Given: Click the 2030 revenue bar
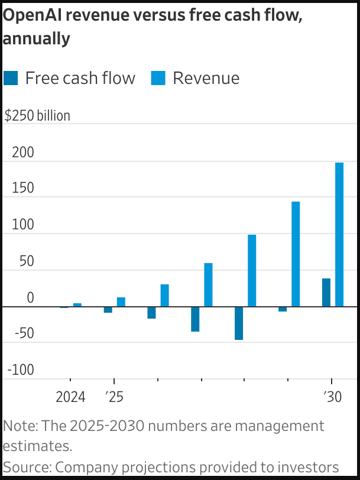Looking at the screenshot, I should click(339, 235).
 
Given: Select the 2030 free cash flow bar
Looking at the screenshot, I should click(326, 293).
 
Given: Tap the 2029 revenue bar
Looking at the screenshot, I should click(296, 254).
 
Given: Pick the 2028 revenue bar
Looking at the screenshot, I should click(252, 271).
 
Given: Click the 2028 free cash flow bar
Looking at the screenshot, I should click(239, 323).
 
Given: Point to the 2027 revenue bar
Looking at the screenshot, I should click(208, 285).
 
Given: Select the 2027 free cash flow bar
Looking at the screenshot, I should click(195, 319).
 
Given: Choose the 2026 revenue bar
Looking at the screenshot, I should click(164, 296).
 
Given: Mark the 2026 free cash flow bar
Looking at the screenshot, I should click(151, 313).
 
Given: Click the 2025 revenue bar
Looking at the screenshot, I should click(121, 302).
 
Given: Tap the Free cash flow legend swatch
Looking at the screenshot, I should click(11, 78).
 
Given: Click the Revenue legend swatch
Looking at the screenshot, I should click(158, 78).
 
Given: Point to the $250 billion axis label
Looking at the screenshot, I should click(37, 116).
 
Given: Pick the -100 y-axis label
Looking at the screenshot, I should click(20, 370).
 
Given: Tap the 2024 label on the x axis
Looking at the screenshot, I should click(70, 397).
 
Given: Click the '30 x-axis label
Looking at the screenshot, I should click(332, 397).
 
